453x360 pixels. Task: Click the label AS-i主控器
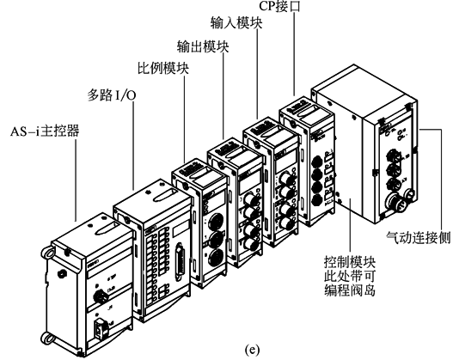click(x=45, y=131)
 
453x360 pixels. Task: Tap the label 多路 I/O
click(x=112, y=95)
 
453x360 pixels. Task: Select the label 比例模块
click(x=163, y=69)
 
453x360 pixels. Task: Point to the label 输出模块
click(x=203, y=46)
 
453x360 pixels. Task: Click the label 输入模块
click(x=236, y=23)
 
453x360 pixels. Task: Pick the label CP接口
click(x=279, y=6)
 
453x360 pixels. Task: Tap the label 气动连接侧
click(x=419, y=238)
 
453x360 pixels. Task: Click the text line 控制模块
click(x=350, y=262)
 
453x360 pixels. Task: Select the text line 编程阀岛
click(x=350, y=290)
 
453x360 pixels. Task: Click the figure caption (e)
click(x=252, y=351)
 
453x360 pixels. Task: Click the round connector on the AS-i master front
click(x=101, y=296)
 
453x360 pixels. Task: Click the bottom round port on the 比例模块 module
click(x=215, y=257)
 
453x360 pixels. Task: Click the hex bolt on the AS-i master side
click(x=62, y=273)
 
